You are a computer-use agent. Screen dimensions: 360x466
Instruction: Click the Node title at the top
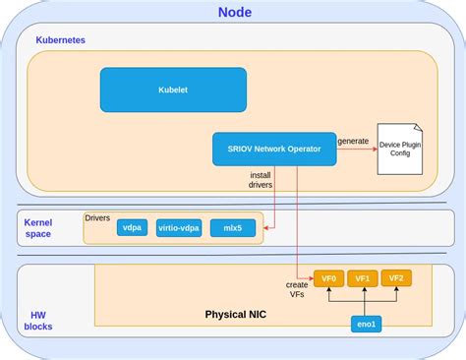234,13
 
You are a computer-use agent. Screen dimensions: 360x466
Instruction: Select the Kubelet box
173,90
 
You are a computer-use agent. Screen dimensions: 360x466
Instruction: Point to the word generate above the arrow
353,141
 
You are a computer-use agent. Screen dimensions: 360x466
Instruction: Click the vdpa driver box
131,227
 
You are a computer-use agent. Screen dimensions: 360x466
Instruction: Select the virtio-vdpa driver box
178,227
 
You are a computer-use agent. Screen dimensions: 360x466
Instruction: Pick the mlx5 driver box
232,227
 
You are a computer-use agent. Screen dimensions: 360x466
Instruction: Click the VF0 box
327,278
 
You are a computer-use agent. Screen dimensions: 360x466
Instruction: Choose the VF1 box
362,278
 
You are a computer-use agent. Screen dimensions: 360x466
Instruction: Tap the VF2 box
396,278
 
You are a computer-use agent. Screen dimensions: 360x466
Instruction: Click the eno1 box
365,325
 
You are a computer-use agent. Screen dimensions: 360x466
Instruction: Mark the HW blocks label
38,319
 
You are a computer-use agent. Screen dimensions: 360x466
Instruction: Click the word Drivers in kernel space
98,217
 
